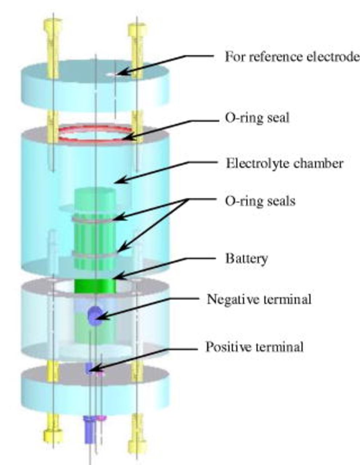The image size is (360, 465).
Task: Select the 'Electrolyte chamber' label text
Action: coord(284,163)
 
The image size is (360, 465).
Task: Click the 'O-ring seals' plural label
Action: coord(260,201)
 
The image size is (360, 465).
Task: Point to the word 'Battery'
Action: coord(246,259)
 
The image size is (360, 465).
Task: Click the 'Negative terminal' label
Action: coord(259,299)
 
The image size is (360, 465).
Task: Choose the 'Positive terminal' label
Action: coord(254,347)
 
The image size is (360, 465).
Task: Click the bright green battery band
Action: coord(95,286)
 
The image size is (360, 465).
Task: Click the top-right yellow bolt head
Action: coord(137,29)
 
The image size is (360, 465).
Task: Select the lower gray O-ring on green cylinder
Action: coord(94,253)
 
